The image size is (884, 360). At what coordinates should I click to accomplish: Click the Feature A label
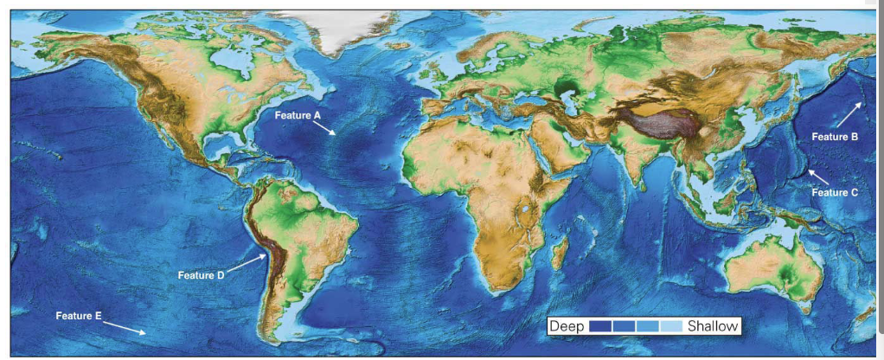pyautogui.click(x=298, y=114)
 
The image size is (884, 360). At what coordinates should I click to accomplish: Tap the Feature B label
pyautogui.click(x=834, y=137)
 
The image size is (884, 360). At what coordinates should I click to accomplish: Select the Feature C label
pyautogui.click(x=834, y=192)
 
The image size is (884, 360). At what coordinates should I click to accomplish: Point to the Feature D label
pyautogui.click(x=201, y=275)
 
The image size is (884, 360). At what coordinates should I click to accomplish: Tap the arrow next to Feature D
pyautogui.click(x=246, y=263)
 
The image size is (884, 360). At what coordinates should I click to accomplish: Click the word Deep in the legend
pyautogui.click(x=567, y=326)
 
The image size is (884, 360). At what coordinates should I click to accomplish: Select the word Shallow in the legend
pyautogui.click(x=713, y=326)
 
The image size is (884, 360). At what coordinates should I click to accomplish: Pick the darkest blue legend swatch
pyautogui.click(x=599, y=326)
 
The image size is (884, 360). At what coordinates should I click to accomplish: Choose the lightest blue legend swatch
pyautogui.click(x=671, y=326)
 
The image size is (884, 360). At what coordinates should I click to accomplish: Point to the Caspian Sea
pyautogui.click(x=568, y=87)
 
